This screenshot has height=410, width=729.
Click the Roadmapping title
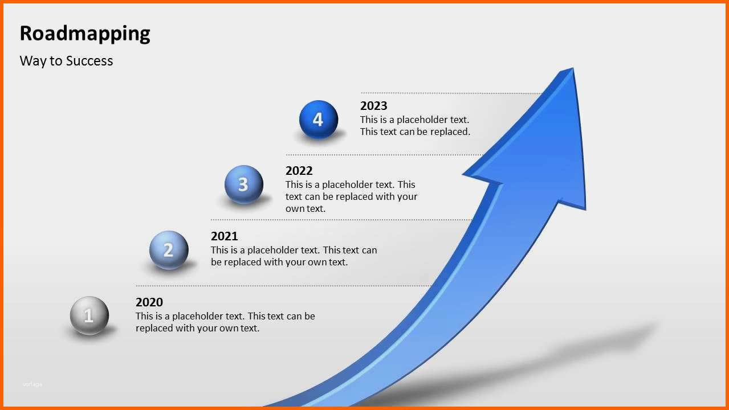pyautogui.click(x=85, y=34)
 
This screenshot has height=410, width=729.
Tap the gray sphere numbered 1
pyautogui.click(x=89, y=315)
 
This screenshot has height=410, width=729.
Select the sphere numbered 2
pyautogui.click(x=169, y=250)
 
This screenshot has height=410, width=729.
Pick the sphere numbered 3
pyautogui.click(x=244, y=184)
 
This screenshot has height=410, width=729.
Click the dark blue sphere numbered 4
pyautogui.click(x=319, y=120)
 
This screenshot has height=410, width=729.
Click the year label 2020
pyautogui.click(x=149, y=302)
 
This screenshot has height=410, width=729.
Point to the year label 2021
pyautogui.click(x=224, y=236)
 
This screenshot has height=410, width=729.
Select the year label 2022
pyautogui.click(x=299, y=171)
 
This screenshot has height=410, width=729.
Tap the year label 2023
pyautogui.click(x=373, y=106)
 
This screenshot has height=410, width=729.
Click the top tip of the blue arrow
pyautogui.click(x=573, y=68)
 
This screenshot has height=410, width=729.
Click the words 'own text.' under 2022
pyautogui.click(x=306, y=208)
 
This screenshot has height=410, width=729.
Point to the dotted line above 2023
pyautogui.click(x=451, y=93)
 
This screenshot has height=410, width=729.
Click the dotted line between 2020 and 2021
pyautogui.click(x=283, y=286)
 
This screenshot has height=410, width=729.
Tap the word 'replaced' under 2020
pyautogui.click(x=154, y=328)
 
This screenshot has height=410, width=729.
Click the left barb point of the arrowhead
pyautogui.click(x=463, y=175)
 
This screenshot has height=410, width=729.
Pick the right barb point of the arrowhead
pyautogui.click(x=585, y=210)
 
